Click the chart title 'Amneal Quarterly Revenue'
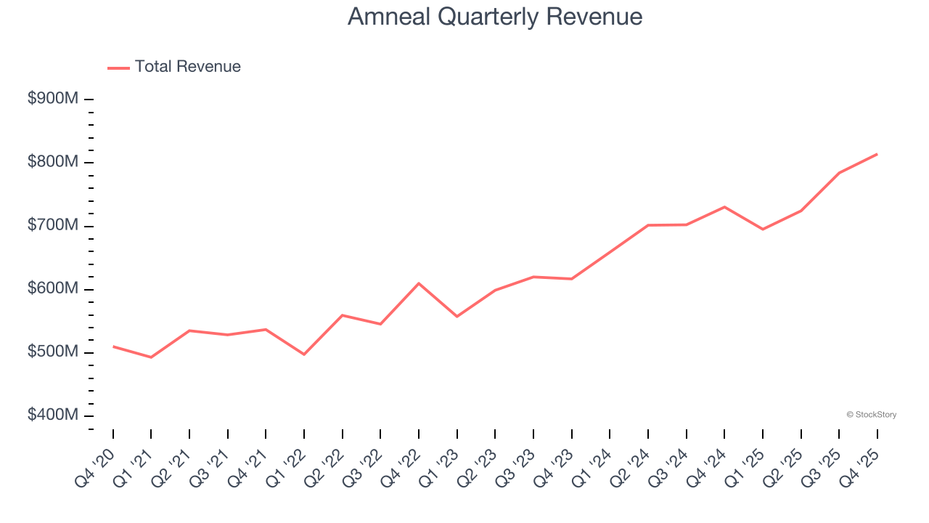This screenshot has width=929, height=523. [494, 17]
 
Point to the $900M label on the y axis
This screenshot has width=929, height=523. [53, 99]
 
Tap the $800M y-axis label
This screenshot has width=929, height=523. [53, 162]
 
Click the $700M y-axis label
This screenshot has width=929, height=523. [53, 226]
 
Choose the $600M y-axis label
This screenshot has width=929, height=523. [53, 289]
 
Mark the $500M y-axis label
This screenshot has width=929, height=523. [53, 352]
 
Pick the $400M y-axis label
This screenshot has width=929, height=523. [53, 415]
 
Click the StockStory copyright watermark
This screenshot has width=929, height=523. [871, 415]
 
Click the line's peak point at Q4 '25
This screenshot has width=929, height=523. [877, 154]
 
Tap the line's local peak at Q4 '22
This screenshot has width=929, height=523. [419, 283]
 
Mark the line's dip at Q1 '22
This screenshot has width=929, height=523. [304, 354]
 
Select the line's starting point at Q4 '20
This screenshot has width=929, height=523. [113, 346]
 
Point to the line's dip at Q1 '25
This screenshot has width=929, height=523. [762, 230]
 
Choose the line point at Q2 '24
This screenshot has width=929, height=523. [647, 225]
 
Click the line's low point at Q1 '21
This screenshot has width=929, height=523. [151, 357]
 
